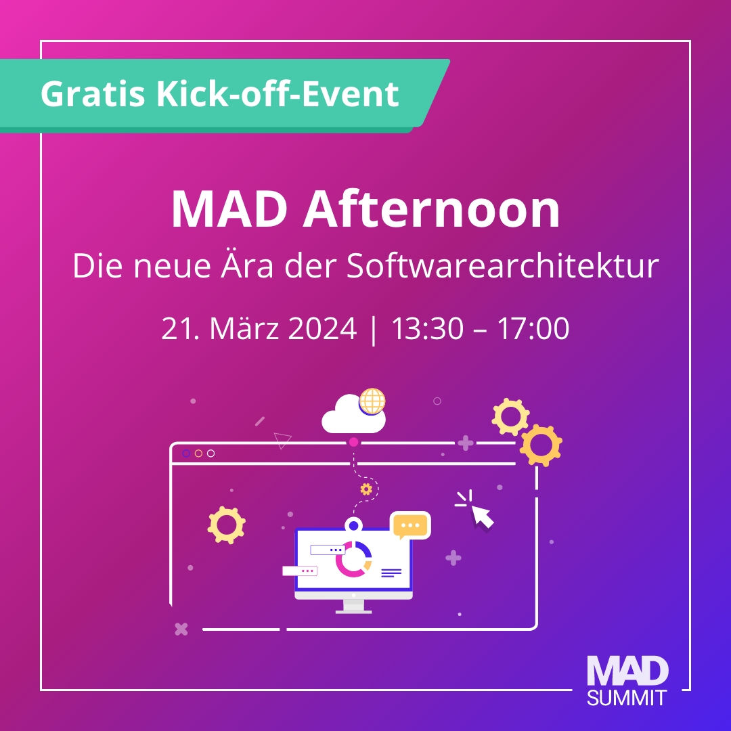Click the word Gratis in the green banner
click(92, 93)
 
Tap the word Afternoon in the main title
click(431, 210)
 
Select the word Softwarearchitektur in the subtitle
click(502, 267)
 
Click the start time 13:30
click(427, 329)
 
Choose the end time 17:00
click(533, 329)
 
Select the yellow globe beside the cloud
click(372, 401)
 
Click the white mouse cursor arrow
click(482, 516)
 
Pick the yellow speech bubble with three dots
click(410, 525)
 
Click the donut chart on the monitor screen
click(353, 559)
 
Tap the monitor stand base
click(353, 608)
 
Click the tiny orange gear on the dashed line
click(366, 489)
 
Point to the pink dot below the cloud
click(353, 442)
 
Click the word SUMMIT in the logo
click(627, 698)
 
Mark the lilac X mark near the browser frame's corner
click(181, 629)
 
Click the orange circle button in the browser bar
click(198, 453)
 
